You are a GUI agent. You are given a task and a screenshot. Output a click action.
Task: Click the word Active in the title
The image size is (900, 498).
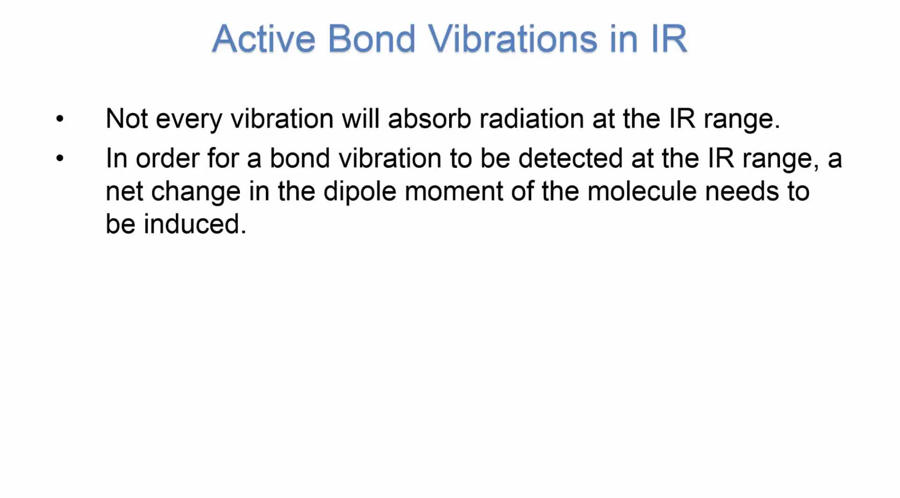point(263,38)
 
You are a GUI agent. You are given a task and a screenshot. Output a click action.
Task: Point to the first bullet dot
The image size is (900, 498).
point(60,119)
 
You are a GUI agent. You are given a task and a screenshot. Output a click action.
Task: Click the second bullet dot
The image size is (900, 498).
point(60,158)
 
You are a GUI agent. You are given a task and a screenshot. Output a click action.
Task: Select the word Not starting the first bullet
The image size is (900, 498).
point(127,119)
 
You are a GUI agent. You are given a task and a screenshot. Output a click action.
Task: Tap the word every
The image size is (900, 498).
point(189,121)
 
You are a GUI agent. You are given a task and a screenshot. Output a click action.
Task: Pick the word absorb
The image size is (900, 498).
point(429,118)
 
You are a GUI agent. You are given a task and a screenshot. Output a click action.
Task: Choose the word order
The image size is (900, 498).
point(167,158)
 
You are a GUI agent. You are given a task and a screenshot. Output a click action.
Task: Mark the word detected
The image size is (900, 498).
point(570,158)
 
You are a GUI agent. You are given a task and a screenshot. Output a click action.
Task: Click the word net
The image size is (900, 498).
point(124,192)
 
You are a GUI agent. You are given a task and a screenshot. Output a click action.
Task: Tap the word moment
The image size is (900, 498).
point(453,192)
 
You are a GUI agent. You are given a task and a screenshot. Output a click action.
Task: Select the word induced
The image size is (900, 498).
point(195,224)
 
